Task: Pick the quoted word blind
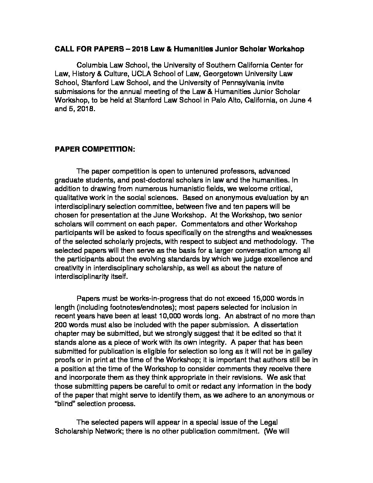[66, 404]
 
